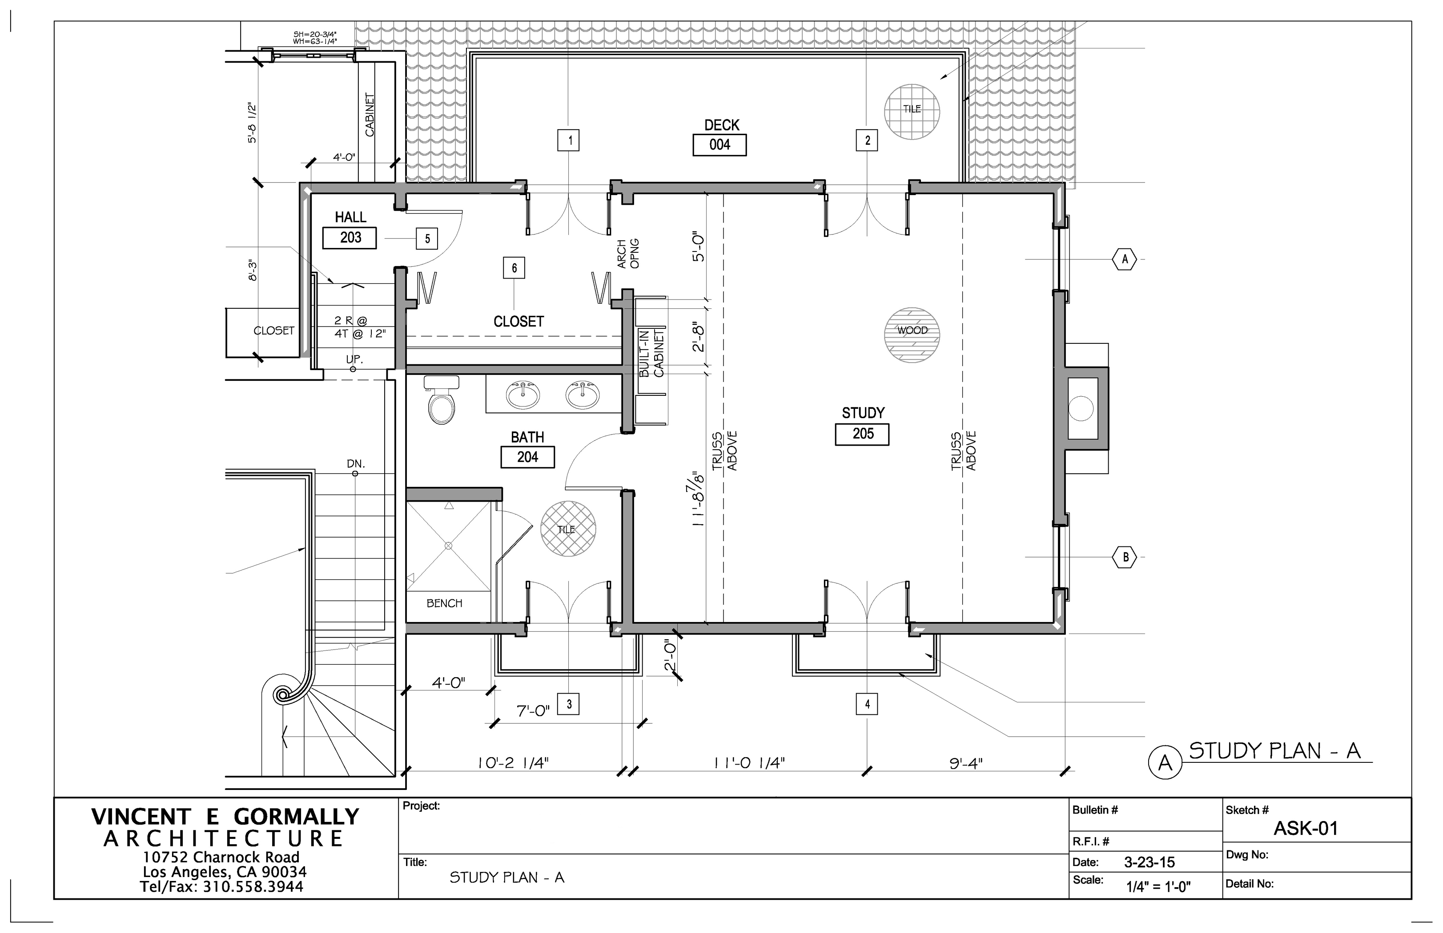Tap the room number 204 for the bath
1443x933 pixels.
click(527, 457)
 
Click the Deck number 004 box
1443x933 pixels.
click(719, 145)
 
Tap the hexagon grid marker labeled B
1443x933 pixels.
click(1125, 557)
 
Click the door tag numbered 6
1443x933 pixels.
click(514, 268)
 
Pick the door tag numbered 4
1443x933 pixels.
click(867, 704)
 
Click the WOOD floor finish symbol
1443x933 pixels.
click(912, 335)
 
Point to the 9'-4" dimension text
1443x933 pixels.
click(966, 763)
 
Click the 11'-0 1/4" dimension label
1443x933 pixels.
click(749, 763)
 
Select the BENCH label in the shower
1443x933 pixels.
click(444, 603)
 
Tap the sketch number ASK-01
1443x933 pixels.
click(1305, 829)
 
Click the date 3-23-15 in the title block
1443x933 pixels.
click(1149, 862)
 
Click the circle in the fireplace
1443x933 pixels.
click(1081, 408)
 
